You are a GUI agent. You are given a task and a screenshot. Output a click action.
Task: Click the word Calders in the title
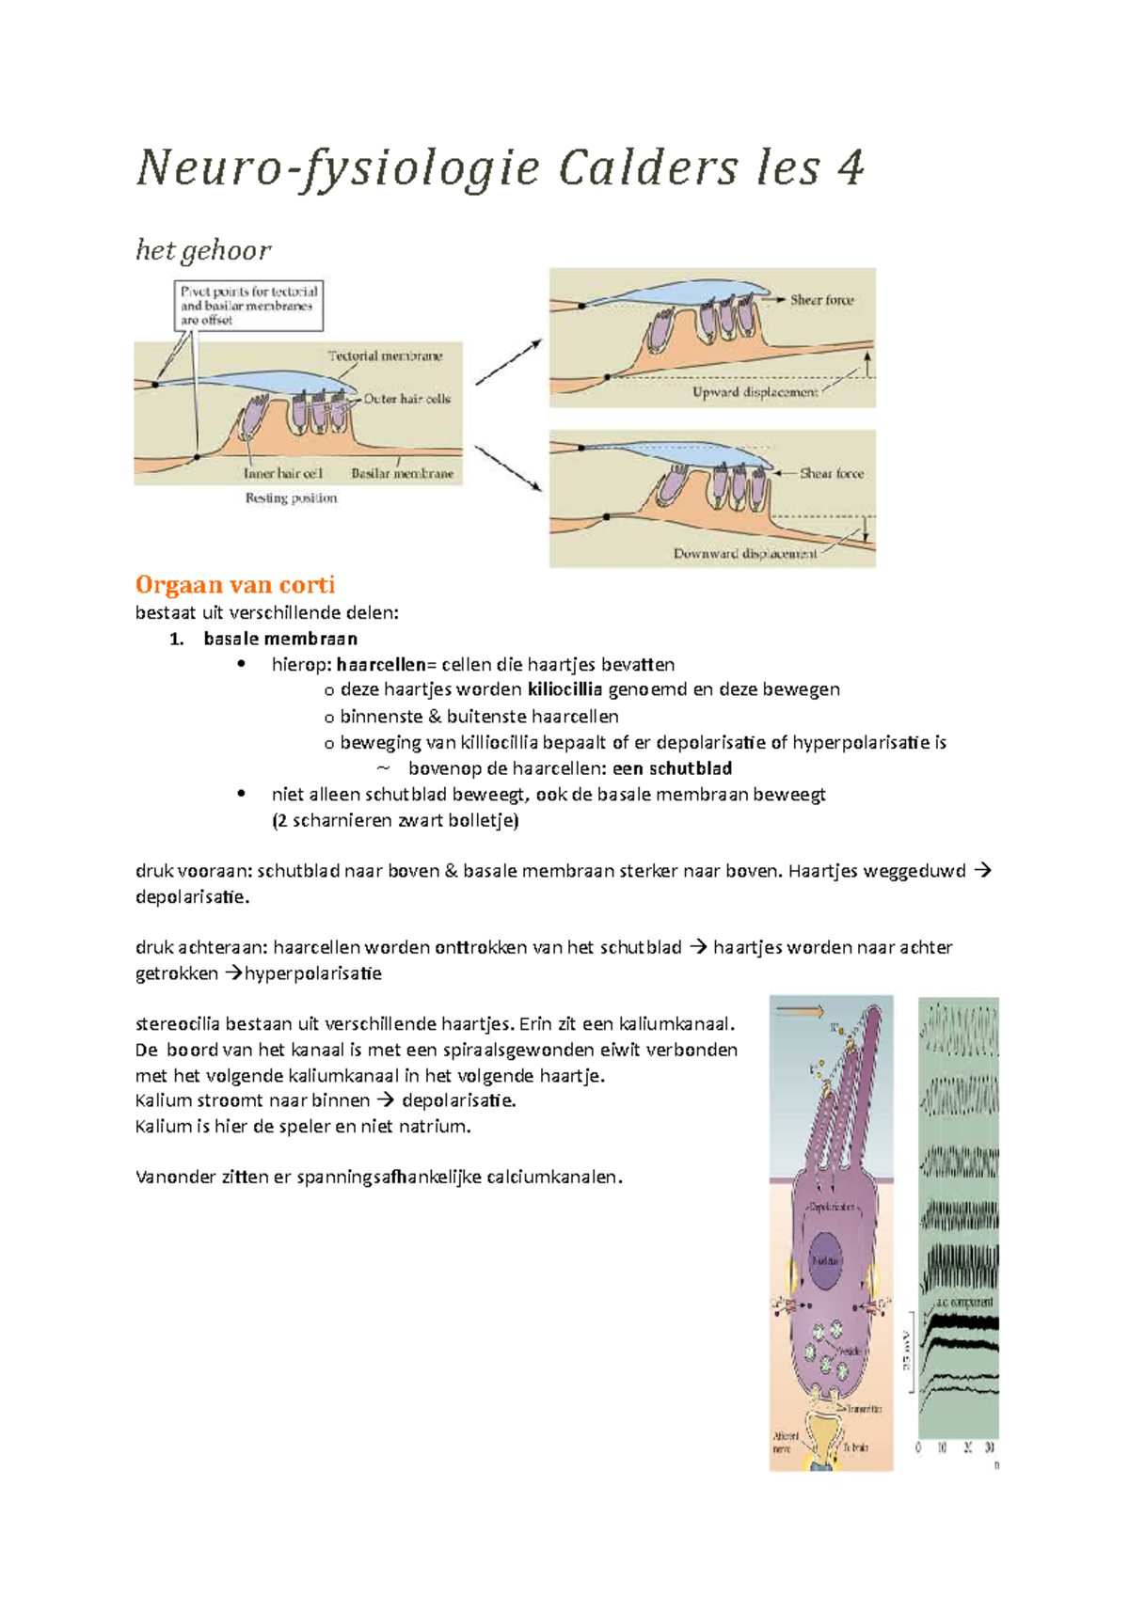click(648, 169)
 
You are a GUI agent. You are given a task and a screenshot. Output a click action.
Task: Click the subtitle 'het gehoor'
click(203, 250)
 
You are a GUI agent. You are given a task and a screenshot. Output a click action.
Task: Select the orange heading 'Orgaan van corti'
click(235, 585)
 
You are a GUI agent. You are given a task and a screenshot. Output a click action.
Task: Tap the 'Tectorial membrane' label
click(385, 356)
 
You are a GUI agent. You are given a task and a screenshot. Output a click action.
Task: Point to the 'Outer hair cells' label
click(407, 399)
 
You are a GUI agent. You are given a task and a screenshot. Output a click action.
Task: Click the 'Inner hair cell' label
click(282, 473)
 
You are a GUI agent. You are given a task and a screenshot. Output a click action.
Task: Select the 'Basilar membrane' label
click(402, 473)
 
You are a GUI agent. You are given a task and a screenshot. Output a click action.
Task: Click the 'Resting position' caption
click(291, 498)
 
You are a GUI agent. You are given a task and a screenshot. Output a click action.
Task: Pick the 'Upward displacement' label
click(755, 392)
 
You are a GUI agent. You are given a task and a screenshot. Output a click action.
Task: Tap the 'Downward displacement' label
click(745, 554)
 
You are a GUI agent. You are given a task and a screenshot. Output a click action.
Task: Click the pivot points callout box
click(249, 306)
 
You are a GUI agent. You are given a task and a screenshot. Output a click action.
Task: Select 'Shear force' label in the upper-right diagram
click(821, 300)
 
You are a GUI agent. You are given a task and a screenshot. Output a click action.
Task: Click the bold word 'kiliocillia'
click(564, 689)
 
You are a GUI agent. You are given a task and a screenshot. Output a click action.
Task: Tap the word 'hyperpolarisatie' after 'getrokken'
click(313, 973)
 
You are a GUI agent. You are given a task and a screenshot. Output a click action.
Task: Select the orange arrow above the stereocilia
click(801, 1012)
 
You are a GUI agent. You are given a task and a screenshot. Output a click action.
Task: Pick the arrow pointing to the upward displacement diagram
click(509, 362)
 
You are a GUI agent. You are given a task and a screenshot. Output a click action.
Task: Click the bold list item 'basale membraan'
click(280, 639)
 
